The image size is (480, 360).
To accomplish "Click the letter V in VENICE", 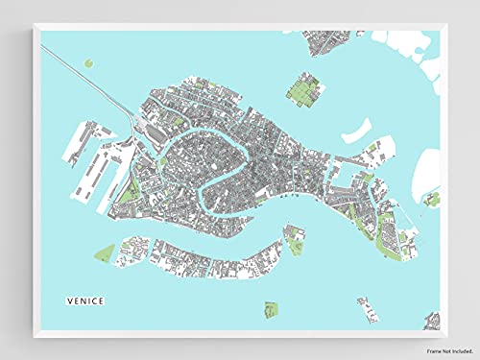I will click(x=68, y=300).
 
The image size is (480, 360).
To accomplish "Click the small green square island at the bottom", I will click(x=272, y=309).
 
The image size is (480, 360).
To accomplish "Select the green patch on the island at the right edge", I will click(x=432, y=200).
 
